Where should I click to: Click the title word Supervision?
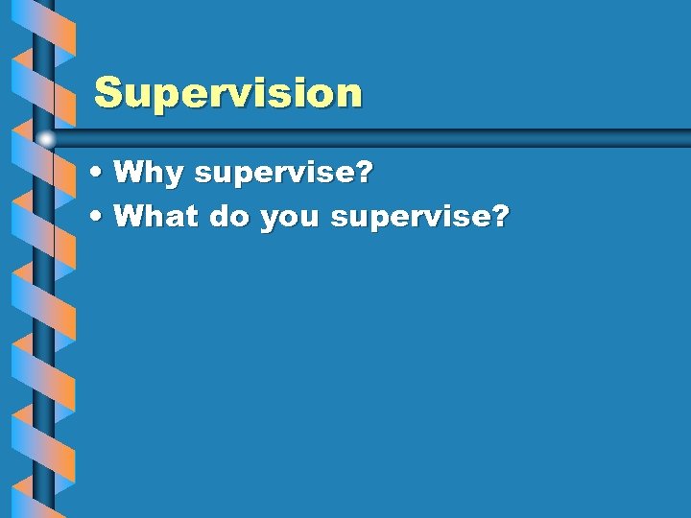click(x=228, y=94)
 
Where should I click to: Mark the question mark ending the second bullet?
click(x=498, y=217)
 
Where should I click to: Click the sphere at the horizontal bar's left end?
click(x=45, y=138)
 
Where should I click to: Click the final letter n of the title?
click(x=349, y=95)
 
